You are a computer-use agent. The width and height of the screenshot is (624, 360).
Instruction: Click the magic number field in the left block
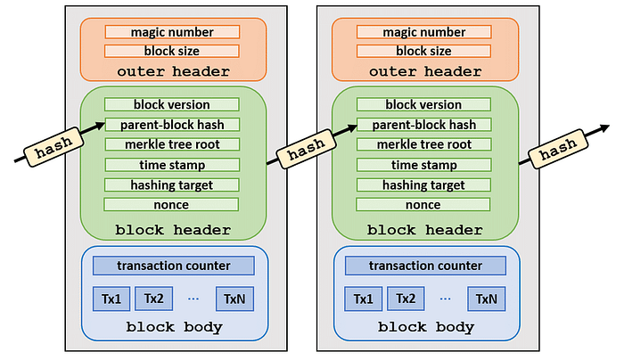coord(172,32)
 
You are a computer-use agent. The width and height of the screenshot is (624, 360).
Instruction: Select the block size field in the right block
coord(423,51)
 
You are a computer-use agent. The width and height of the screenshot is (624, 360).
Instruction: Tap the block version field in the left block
coord(172,104)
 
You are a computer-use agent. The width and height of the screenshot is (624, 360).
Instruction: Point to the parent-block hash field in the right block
coord(423,125)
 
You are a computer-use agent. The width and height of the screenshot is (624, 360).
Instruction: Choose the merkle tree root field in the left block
coord(172,144)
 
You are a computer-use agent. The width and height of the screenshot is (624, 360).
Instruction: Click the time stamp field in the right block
coord(423,165)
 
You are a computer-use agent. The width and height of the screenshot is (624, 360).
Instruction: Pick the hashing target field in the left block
coord(172,185)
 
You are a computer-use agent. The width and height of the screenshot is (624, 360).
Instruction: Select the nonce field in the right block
coord(423,204)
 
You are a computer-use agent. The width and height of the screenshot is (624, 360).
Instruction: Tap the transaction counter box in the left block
coord(174,266)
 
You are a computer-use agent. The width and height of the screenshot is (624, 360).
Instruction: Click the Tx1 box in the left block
coord(111,299)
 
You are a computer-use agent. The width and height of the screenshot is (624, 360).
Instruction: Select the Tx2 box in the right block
coord(406,299)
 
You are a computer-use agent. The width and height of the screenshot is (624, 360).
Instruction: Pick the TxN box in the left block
coord(234,299)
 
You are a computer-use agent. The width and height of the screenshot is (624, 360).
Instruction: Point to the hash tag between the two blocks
coord(306,149)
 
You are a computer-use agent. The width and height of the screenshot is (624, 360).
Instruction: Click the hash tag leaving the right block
coord(558,149)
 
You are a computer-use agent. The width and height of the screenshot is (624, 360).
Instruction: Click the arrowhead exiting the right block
coord(605,127)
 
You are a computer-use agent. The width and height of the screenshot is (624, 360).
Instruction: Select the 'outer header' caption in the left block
coord(174,71)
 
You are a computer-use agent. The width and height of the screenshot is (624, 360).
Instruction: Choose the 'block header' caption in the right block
coord(424,230)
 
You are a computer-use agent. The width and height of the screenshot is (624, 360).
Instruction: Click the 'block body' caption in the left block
coord(175,327)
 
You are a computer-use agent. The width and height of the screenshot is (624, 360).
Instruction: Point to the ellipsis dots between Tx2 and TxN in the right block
coord(446,299)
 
